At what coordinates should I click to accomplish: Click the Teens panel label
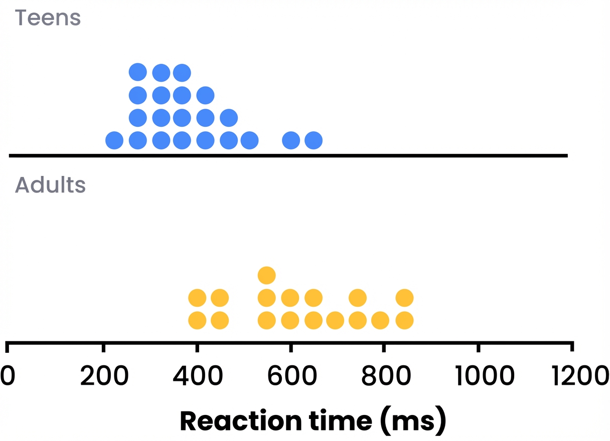48,18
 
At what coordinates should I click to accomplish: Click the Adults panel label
50,185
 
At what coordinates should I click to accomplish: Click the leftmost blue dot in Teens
114,140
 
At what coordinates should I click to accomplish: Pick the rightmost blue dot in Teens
314,140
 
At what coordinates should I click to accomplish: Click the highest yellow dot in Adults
267,275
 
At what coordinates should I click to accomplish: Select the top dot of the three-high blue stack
205,95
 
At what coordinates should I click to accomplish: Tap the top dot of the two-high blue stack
229,118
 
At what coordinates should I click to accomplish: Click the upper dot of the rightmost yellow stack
404,298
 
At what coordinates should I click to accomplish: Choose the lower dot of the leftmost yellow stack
197,320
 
